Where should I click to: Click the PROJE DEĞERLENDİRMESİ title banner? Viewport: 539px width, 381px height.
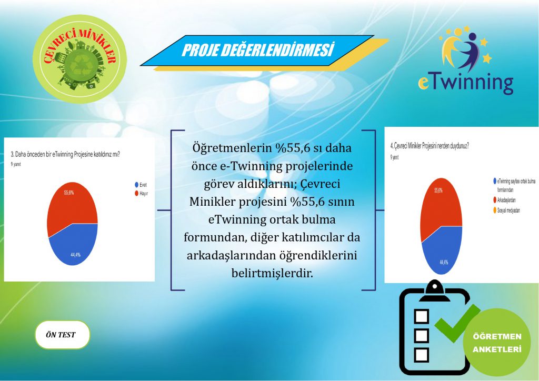(x=258, y=51)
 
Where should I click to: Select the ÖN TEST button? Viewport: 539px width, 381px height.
(x=63, y=335)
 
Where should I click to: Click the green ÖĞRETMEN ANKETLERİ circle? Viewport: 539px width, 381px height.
(x=496, y=343)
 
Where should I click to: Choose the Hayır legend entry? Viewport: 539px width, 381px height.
(x=142, y=193)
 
